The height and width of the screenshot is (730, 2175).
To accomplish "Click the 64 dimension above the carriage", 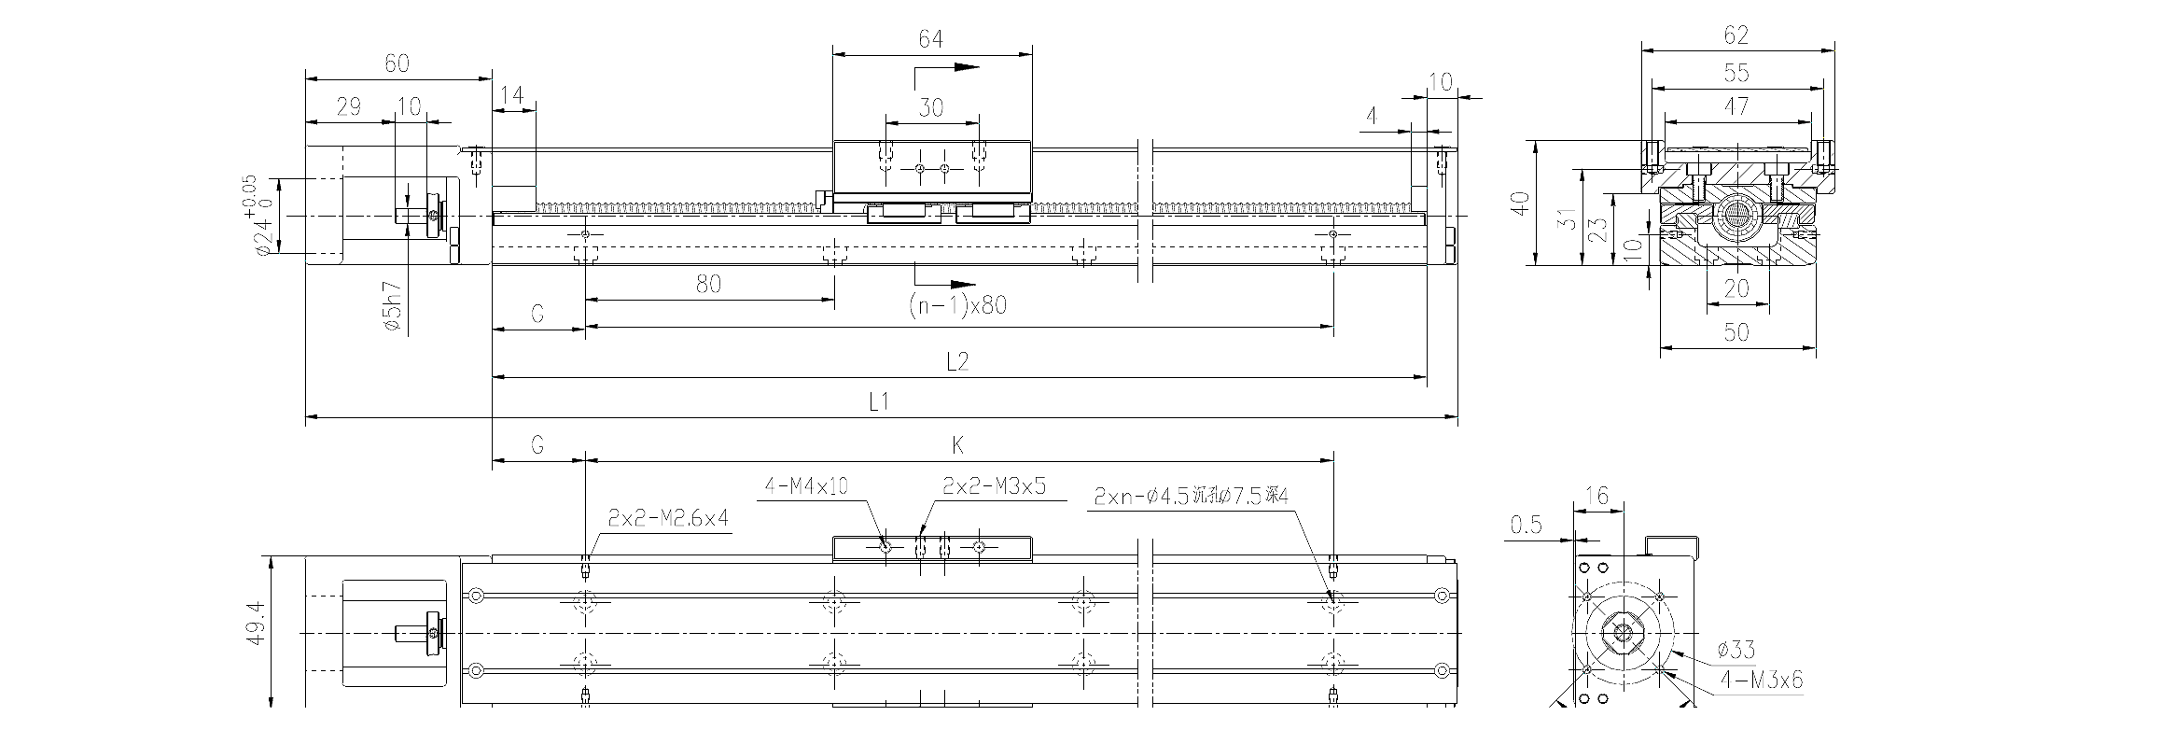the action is coord(930,39).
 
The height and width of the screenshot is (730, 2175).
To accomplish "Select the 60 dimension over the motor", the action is coord(397,63).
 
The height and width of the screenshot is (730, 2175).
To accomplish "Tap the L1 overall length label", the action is coord(879,402).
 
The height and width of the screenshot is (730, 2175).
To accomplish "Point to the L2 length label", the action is coord(957,362).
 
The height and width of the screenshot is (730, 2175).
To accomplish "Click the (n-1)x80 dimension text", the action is coord(957,305).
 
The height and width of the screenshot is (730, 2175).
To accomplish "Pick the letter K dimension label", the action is coord(958,445).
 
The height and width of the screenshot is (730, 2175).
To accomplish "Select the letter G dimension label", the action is coord(537,445).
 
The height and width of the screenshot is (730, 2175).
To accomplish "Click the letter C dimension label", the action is coord(537,315).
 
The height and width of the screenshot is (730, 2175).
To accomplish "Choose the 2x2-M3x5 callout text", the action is coord(995,486).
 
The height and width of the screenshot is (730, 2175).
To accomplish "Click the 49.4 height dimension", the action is coord(258,624).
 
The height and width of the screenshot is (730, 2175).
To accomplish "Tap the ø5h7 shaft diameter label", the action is coord(392,307).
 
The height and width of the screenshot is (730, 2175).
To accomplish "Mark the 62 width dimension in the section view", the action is coord(1736,35).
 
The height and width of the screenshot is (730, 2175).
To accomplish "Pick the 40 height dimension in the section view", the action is coord(1520,204).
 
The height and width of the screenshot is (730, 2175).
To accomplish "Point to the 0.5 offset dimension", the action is coord(1526,526).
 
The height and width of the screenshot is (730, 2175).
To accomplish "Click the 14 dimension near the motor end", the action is coord(512,95).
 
